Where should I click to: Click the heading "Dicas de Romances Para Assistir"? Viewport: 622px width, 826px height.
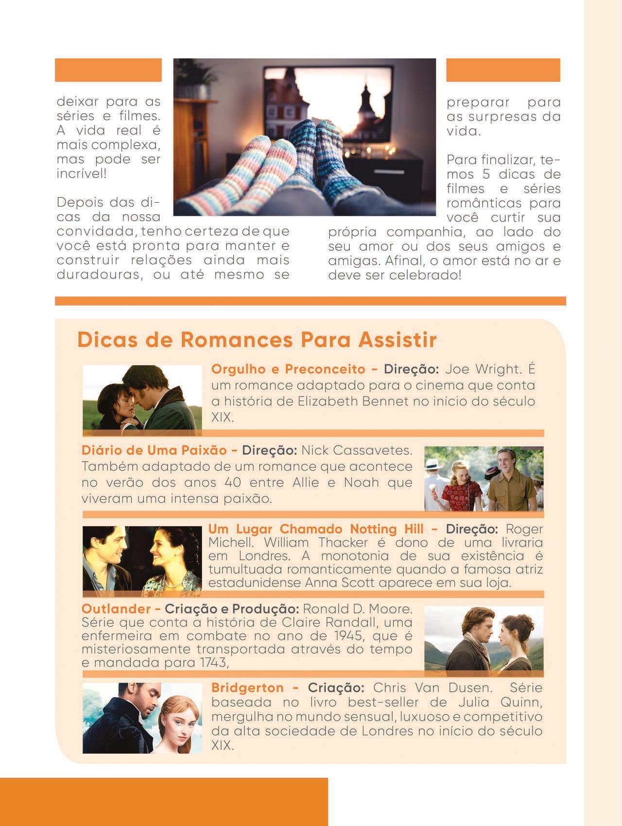[x=257, y=340]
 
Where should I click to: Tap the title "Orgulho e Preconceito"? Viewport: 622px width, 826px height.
[x=288, y=369]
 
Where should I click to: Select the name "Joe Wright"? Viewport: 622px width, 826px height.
[x=483, y=369]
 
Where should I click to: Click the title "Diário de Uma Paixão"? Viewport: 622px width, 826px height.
[x=154, y=450]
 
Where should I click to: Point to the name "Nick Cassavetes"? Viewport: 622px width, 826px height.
[x=357, y=450]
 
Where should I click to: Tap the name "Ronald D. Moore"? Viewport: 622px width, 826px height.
[x=357, y=609]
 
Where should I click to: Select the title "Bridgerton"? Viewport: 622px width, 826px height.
[x=248, y=688]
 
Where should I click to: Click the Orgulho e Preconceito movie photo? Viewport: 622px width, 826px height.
[x=142, y=397]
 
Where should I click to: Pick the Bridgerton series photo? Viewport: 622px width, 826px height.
[x=142, y=718]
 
